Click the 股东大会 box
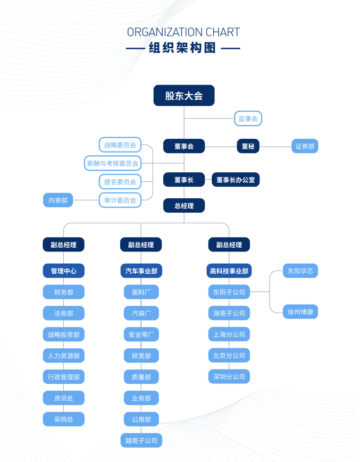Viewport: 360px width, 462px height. pos(184,96)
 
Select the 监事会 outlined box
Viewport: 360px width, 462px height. pos(248,119)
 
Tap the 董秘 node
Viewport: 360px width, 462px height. pos(248,146)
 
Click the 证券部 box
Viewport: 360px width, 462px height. pos(305,146)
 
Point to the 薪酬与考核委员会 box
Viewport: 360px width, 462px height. pos(113,163)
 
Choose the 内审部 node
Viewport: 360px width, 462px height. pos(58,200)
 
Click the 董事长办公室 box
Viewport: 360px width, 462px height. pos(236,180)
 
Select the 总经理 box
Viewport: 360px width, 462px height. pos(184,205)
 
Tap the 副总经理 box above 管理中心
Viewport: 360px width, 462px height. pos(64,245)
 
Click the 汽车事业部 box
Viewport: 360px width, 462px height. pos(141,271)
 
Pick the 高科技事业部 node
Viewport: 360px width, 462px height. pos(229,271)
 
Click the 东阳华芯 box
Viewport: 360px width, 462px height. pos(300,271)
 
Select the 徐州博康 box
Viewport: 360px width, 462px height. pos(300,312)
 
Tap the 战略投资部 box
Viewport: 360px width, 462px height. pos(64,334)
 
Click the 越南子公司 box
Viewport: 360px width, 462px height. pos(141,441)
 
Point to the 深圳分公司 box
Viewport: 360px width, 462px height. pos(229,376)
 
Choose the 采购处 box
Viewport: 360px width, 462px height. pos(64,419)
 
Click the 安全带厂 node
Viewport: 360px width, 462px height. pos(141,334)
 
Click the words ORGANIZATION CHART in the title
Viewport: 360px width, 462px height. pos(183,32)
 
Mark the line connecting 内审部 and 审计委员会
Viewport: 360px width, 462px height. pos(86,200)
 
